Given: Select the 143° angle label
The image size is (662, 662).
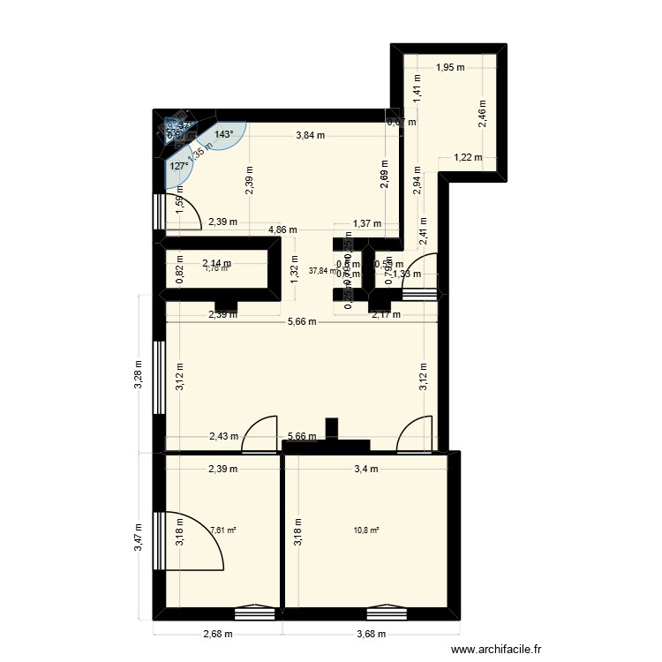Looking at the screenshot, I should point(224,135).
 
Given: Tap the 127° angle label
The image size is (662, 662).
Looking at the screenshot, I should point(179,165).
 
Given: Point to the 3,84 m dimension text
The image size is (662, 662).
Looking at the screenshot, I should point(310,135).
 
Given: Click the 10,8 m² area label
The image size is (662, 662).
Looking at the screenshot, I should point(366,530).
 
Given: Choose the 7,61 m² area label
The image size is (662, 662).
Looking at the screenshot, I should point(223,530).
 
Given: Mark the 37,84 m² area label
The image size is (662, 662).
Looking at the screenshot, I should point(323,271).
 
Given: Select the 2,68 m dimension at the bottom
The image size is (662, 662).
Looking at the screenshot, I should point(217,634).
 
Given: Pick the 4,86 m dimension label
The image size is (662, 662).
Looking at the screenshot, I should point(282,229).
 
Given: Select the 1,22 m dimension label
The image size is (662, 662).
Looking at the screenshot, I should point(468,158).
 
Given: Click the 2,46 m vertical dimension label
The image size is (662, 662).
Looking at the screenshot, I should point(483,114).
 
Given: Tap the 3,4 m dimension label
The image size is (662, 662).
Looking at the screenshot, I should point(366,470).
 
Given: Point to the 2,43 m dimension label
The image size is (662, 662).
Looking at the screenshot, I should point(222,436).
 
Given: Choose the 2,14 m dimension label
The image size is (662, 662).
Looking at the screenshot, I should point(217,263).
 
